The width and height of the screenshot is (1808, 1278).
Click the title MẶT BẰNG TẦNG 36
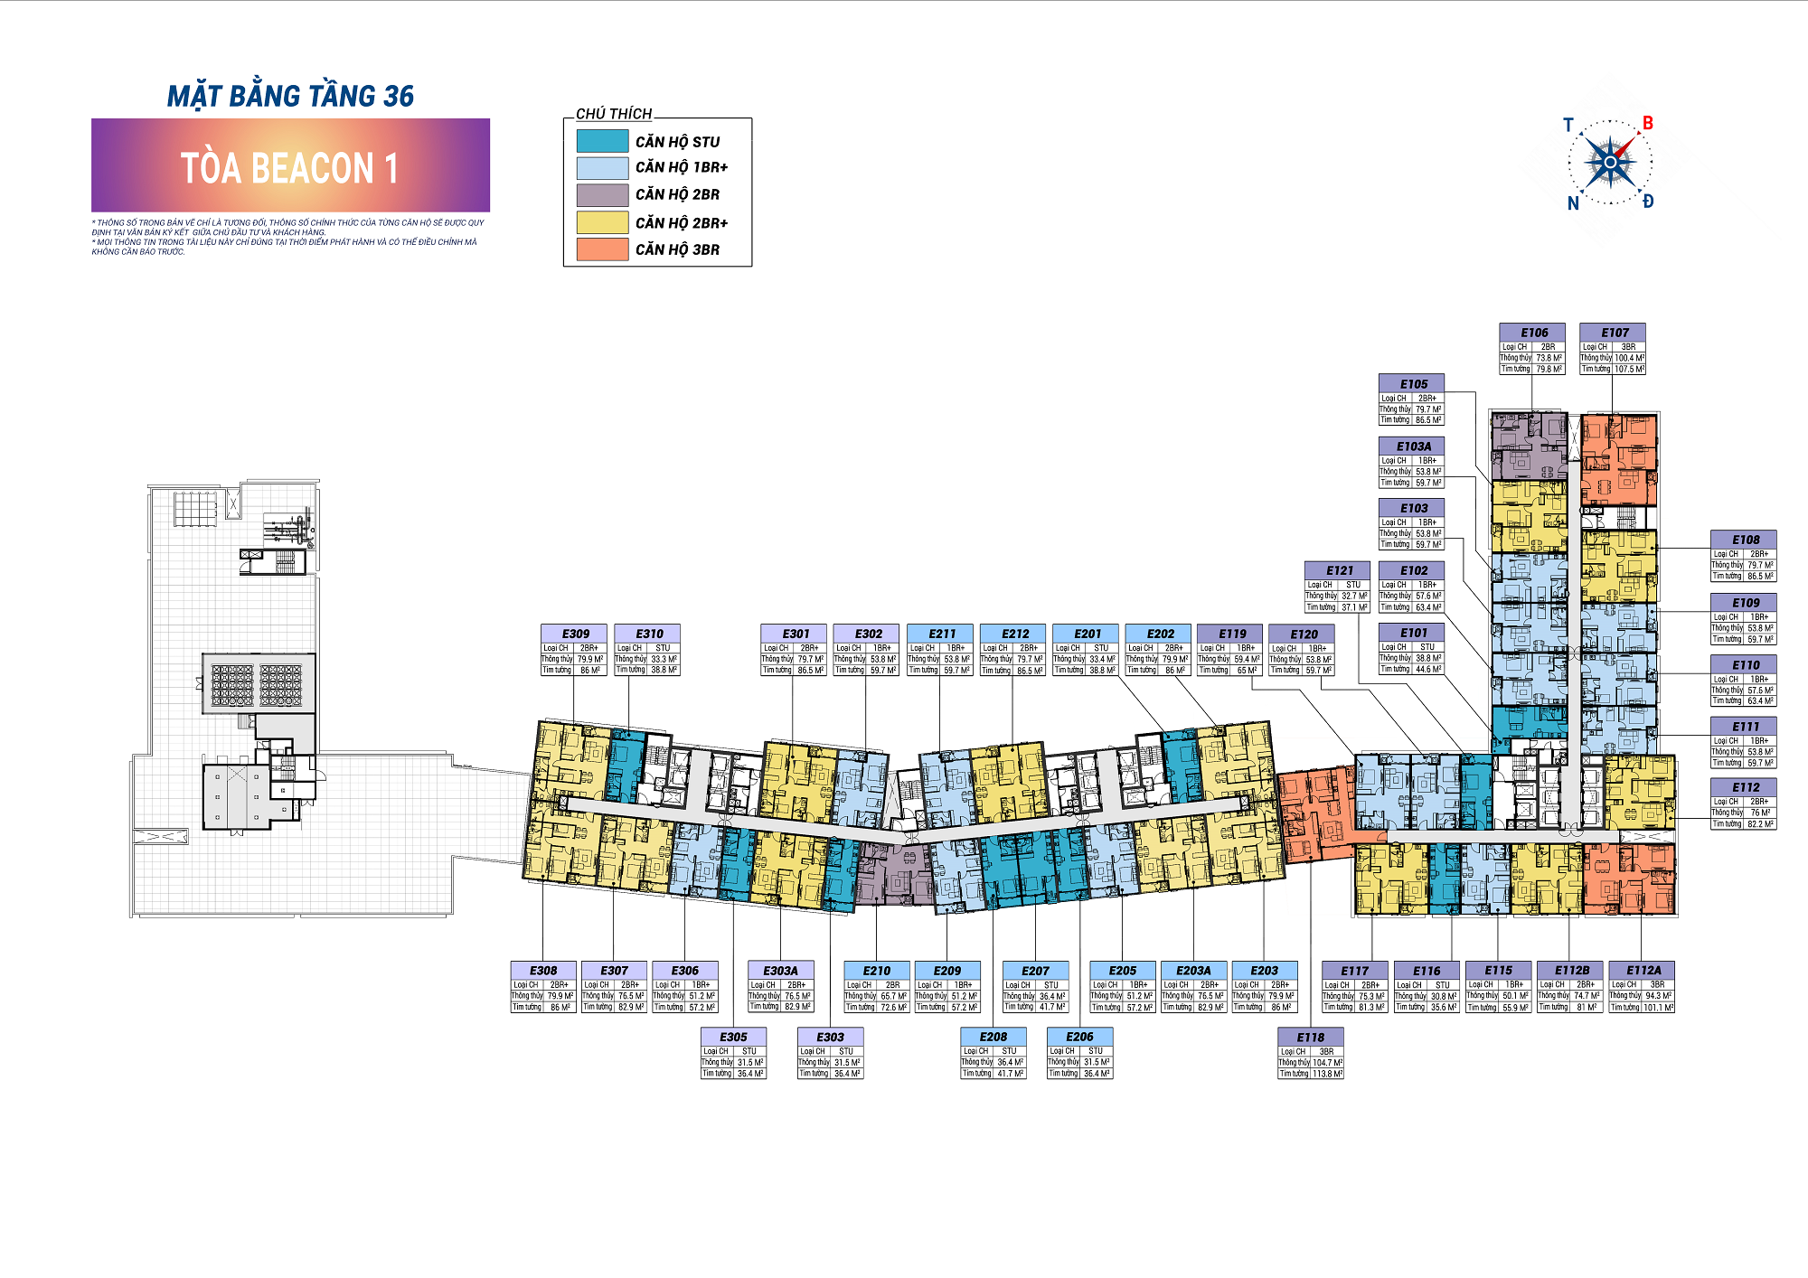[x=290, y=96]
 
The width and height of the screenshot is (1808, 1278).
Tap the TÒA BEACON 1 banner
[x=290, y=167]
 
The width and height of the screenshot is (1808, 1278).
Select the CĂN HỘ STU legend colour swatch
[x=602, y=141]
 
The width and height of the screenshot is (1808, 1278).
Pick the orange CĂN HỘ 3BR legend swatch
[x=602, y=249]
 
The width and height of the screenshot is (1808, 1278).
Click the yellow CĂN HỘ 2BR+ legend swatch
[x=602, y=222]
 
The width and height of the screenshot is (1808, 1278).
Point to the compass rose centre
[x=1610, y=163]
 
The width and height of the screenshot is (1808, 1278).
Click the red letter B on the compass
[x=1647, y=123]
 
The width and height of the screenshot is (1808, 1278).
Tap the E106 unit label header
[x=1533, y=333]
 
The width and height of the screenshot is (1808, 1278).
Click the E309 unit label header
[x=575, y=634]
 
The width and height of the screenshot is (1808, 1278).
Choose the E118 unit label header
[x=1310, y=1037]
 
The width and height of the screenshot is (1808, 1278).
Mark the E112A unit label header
[x=1643, y=970]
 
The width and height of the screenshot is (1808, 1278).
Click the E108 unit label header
[x=1745, y=540]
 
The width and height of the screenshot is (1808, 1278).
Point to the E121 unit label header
[x=1339, y=570]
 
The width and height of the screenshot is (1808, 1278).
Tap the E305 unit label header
[x=733, y=1037]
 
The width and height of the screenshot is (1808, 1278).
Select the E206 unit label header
[x=1079, y=1037]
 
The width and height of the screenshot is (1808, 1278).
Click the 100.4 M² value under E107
[x=1630, y=358]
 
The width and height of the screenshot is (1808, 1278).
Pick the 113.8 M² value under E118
[x=1327, y=1074]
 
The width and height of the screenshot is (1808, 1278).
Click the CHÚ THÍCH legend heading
[x=614, y=114]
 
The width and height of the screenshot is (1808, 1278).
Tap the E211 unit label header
[x=941, y=634]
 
